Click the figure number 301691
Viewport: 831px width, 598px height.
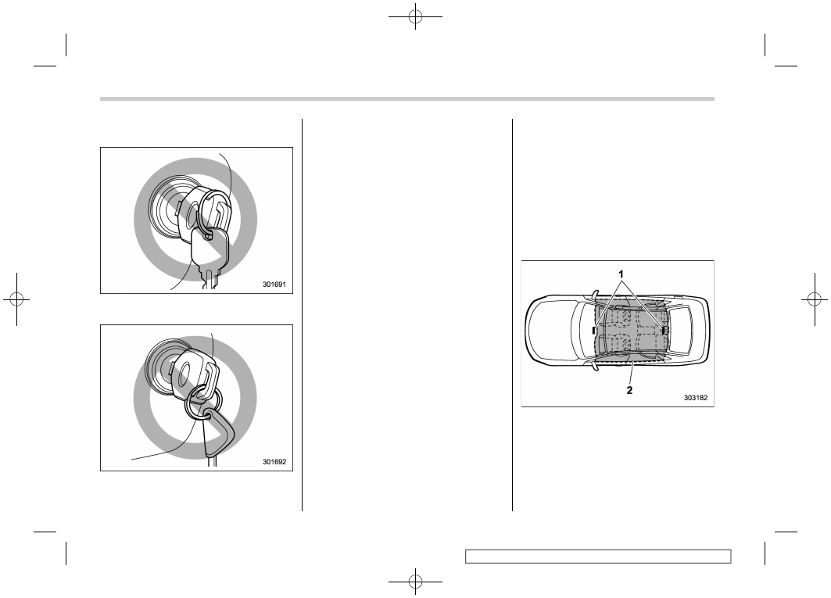[274, 285]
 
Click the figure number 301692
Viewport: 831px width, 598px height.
[274, 462]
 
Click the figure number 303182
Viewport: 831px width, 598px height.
[695, 398]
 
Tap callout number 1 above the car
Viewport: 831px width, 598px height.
[621, 274]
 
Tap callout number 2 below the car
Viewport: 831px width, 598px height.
[629, 390]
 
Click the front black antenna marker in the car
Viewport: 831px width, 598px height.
[594, 331]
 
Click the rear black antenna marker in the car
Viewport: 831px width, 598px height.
[664, 330]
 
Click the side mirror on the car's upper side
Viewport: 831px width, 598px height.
[594, 294]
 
